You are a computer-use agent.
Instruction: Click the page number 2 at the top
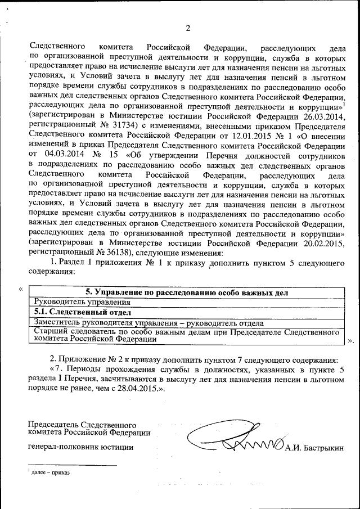188,28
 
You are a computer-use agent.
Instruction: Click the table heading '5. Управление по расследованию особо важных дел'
186,292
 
